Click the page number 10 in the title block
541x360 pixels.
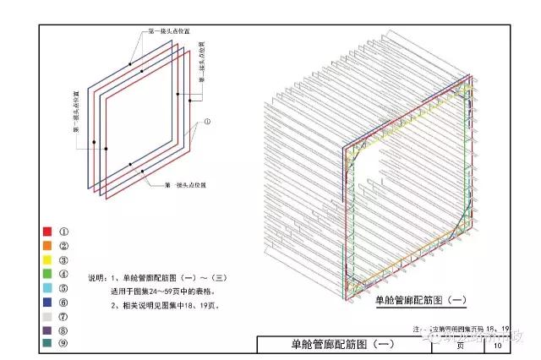497,345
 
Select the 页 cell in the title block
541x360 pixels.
461,345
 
